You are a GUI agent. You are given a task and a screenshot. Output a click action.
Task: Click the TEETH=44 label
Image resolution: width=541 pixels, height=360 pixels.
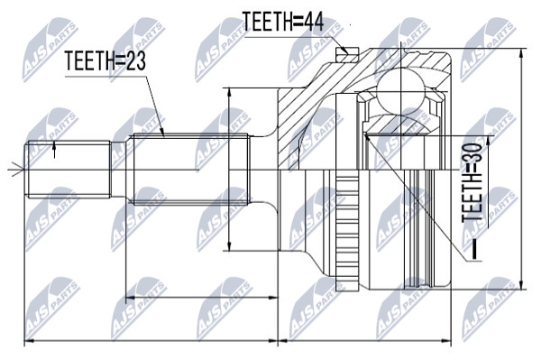click(283, 22)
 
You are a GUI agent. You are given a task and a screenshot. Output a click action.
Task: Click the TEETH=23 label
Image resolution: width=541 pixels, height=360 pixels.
click(105, 60)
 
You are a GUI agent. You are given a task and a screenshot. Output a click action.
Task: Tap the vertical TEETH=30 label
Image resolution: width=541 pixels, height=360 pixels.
click(472, 182)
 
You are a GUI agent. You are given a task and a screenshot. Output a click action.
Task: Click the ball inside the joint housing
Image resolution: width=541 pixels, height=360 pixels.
click(400, 90)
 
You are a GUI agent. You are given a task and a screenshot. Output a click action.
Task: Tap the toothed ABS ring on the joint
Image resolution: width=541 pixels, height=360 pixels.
click(347, 229)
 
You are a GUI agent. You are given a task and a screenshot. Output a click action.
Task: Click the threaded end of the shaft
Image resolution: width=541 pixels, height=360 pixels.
click(68, 170)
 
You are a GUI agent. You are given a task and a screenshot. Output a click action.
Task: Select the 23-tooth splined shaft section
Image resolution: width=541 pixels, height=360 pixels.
click(189, 170)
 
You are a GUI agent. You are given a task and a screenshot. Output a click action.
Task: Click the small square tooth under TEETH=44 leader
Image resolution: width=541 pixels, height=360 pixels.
click(346, 54)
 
